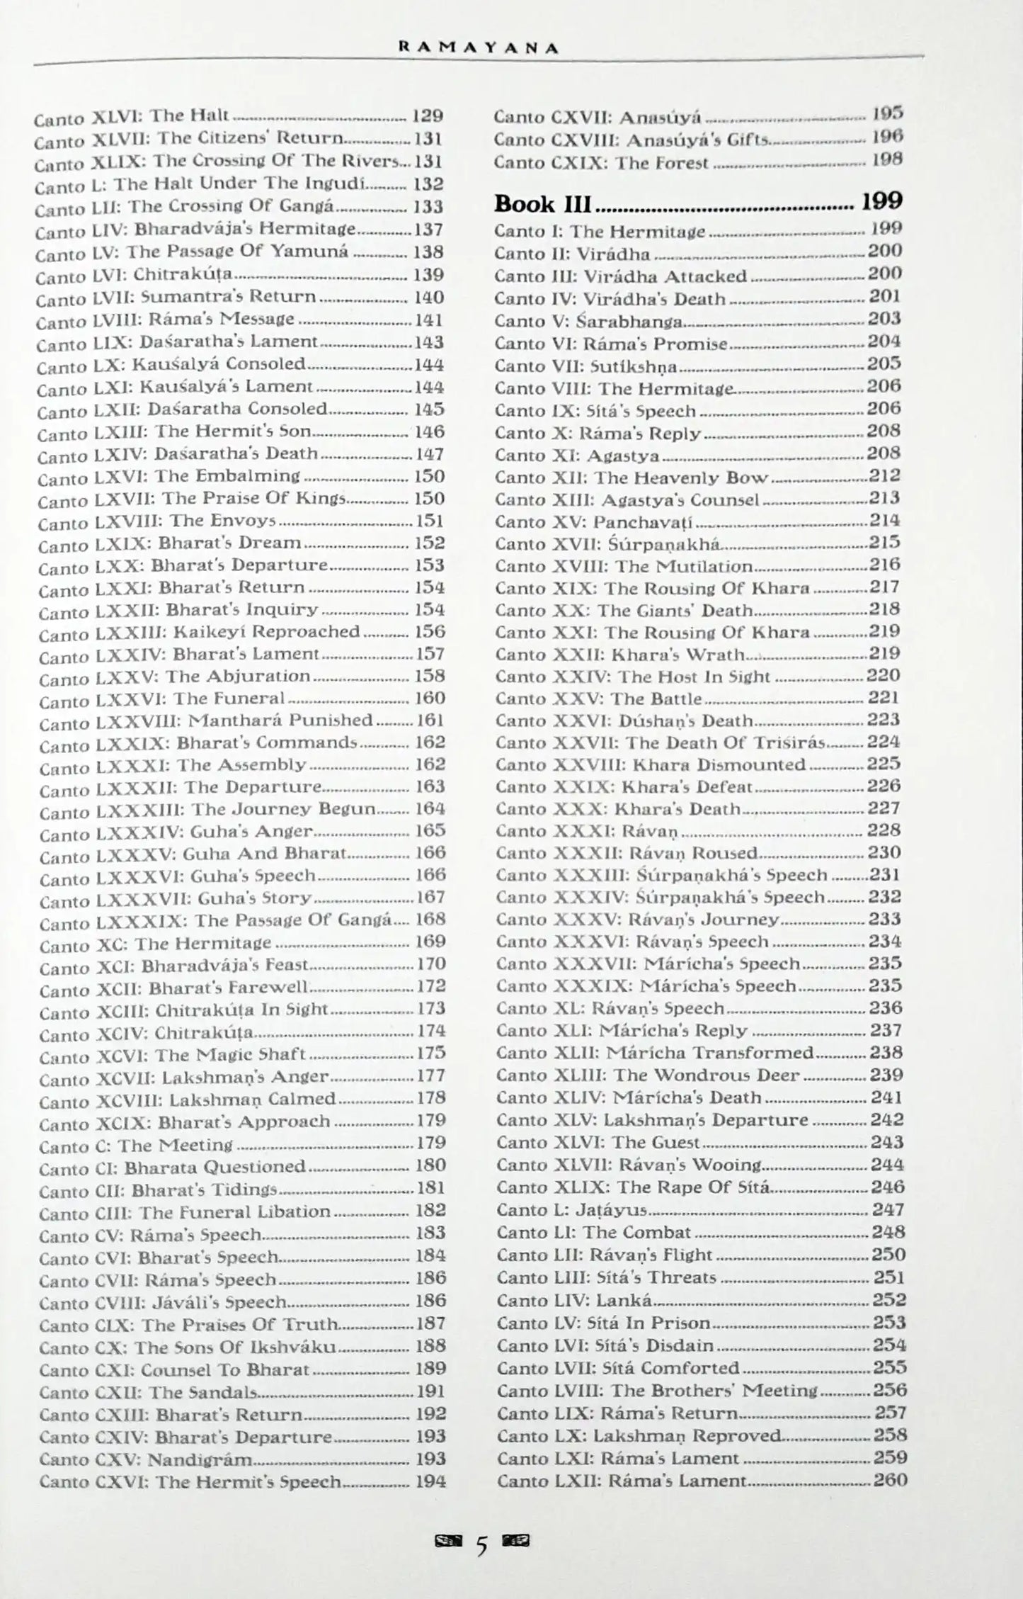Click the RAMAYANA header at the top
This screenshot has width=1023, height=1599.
coord(479,48)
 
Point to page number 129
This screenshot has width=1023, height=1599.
coord(428,115)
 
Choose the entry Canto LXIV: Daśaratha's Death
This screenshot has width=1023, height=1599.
coord(178,454)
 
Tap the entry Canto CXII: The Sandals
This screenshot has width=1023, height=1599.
coord(149,1392)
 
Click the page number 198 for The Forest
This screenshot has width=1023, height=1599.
coord(887,159)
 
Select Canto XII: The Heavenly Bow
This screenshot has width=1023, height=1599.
coord(631,478)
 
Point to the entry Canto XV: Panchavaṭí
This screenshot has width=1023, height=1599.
coord(593,522)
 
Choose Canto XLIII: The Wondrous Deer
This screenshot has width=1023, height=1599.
coord(647,1075)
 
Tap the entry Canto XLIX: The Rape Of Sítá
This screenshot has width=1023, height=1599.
coord(633,1187)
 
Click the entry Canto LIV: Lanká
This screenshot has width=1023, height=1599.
coord(574,1300)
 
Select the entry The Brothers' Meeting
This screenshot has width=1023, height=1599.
coord(657,1391)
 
